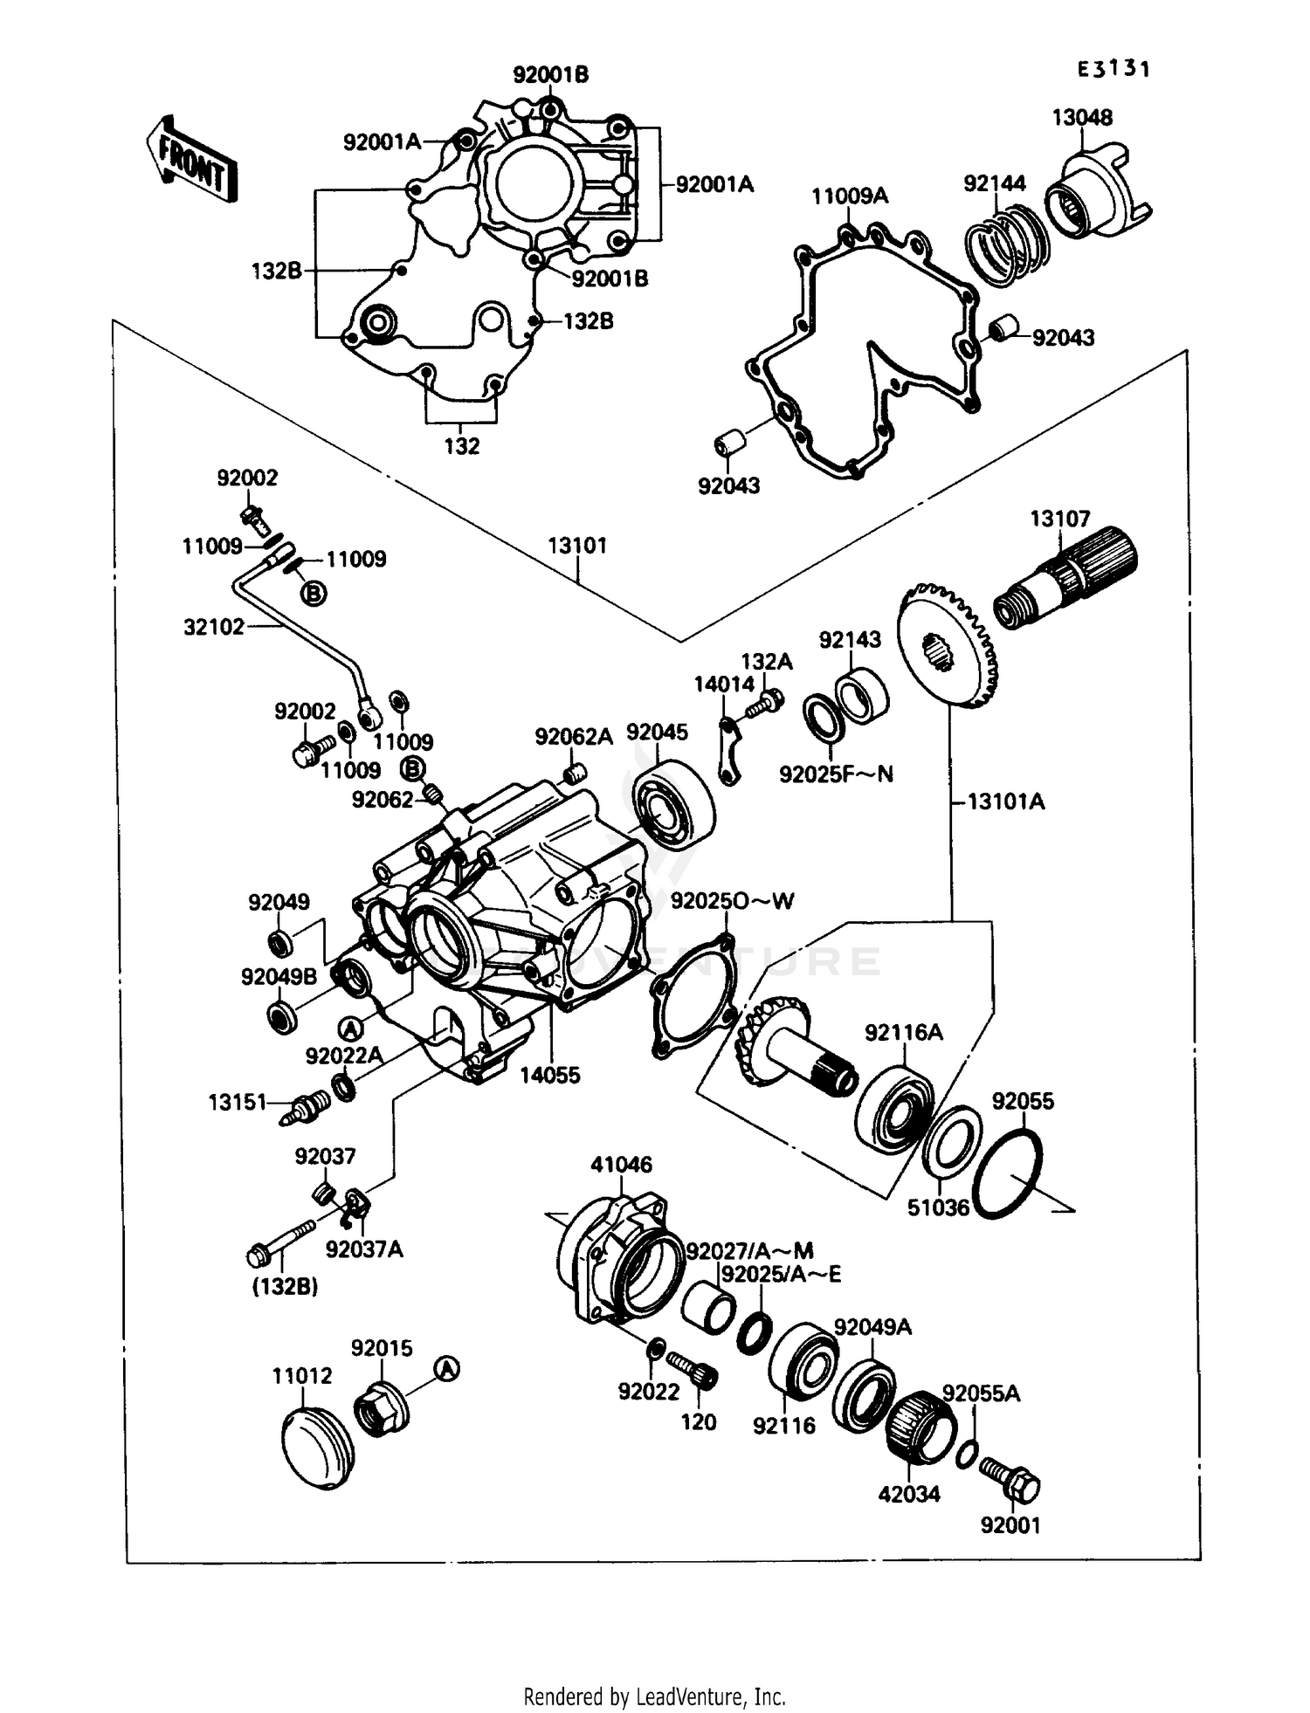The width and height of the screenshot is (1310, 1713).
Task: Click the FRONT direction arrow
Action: click(x=191, y=159)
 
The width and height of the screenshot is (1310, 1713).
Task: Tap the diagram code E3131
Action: click(x=1113, y=70)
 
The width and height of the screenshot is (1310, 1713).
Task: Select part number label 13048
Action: click(x=1082, y=118)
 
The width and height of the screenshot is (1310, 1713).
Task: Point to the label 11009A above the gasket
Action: click(x=849, y=196)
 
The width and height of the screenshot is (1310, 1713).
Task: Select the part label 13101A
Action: click(x=1005, y=801)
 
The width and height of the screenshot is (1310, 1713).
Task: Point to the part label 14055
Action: click(x=550, y=1076)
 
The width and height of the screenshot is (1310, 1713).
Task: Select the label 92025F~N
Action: click(x=836, y=774)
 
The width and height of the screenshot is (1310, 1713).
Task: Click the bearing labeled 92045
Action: click(x=673, y=804)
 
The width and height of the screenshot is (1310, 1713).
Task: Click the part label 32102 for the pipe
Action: click(x=214, y=627)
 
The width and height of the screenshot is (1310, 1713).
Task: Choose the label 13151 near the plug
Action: click(x=237, y=1103)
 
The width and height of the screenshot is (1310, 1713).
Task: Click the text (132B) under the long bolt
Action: click(x=285, y=1287)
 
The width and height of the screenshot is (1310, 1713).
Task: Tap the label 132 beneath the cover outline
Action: click(x=462, y=446)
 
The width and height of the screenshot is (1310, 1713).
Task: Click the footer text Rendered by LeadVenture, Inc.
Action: click(x=654, y=1696)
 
